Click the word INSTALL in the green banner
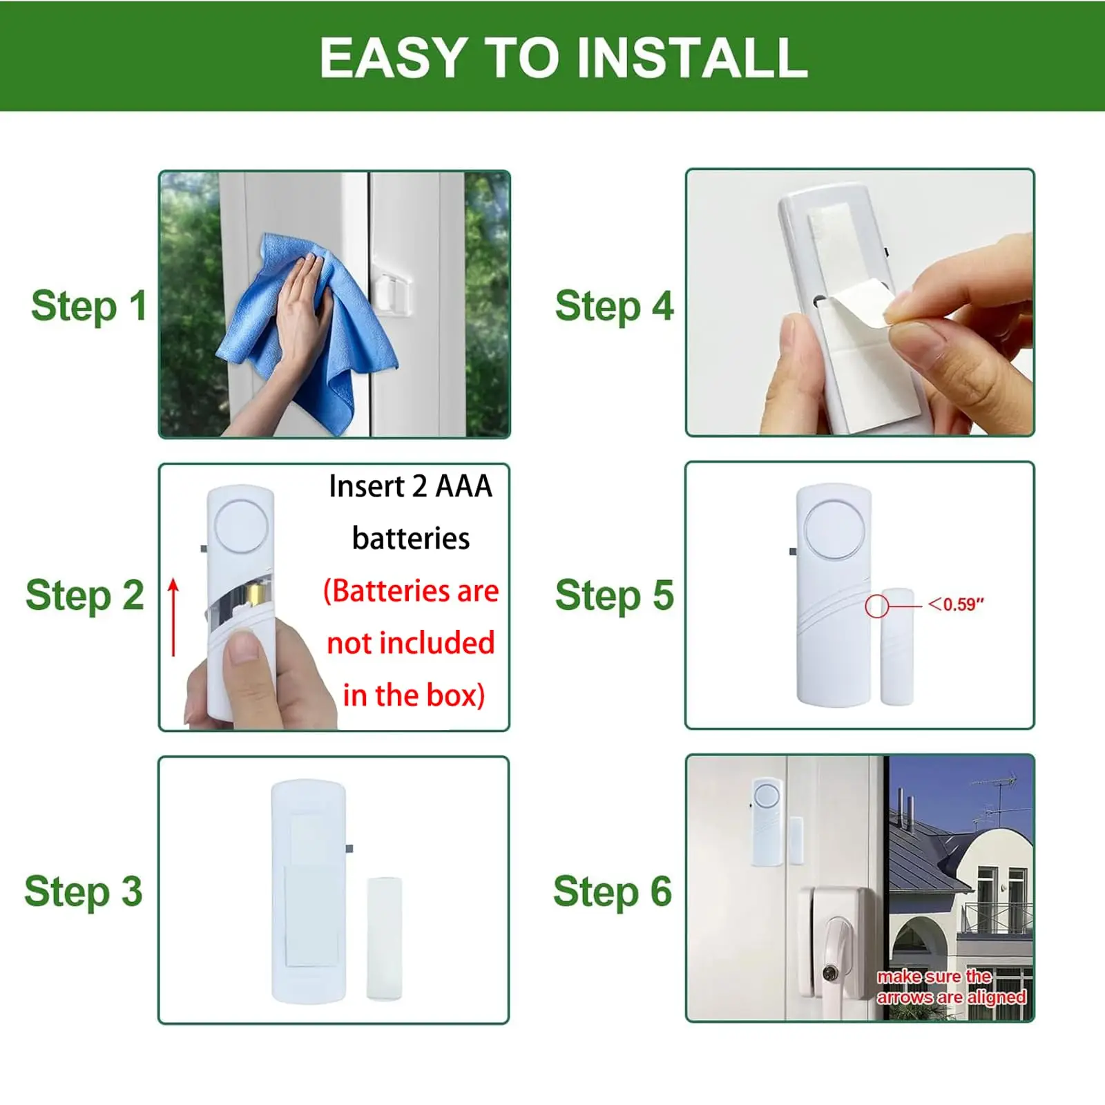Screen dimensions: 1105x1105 pyautogui.click(x=691, y=58)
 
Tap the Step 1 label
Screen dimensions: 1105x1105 pyautogui.click(x=89, y=307)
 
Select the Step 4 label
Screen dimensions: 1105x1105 pyautogui.click(x=614, y=307)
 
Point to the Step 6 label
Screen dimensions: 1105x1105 pyautogui.click(x=612, y=892)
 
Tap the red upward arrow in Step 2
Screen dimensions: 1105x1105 pyautogui.click(x=173, y=617)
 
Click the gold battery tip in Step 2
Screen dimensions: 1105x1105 pyautogui.click(x=257, y=593)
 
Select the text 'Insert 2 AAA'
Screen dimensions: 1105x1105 pyautogui.click(x=410, y=486)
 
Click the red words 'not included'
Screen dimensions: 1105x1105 pyautogui.click(x=411, y=643)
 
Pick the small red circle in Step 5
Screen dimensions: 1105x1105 pyautogui.click(x=876, y=606)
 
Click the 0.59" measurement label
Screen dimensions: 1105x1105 pyautogui.click(x=956, y=604)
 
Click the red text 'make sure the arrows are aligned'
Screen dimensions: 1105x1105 pyautogui.click(x=951, y=987)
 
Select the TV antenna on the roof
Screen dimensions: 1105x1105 pyautogui.click(x=995, y=801)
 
